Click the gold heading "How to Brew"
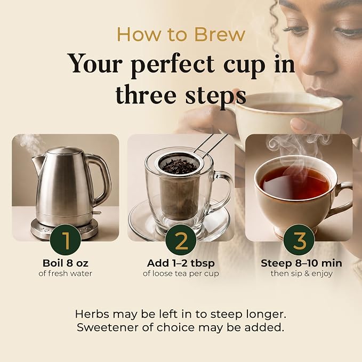181,35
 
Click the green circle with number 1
66,239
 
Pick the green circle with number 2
181,239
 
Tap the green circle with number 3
299,239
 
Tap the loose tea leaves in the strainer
179,166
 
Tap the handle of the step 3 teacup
342,198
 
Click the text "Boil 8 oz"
66,263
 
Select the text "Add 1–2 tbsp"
181,263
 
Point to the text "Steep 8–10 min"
302,263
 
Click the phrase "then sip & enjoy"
302,273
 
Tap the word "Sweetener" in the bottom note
108,327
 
